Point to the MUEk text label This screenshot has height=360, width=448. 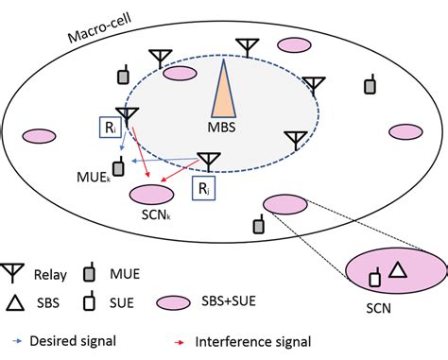tap(95, 176)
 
